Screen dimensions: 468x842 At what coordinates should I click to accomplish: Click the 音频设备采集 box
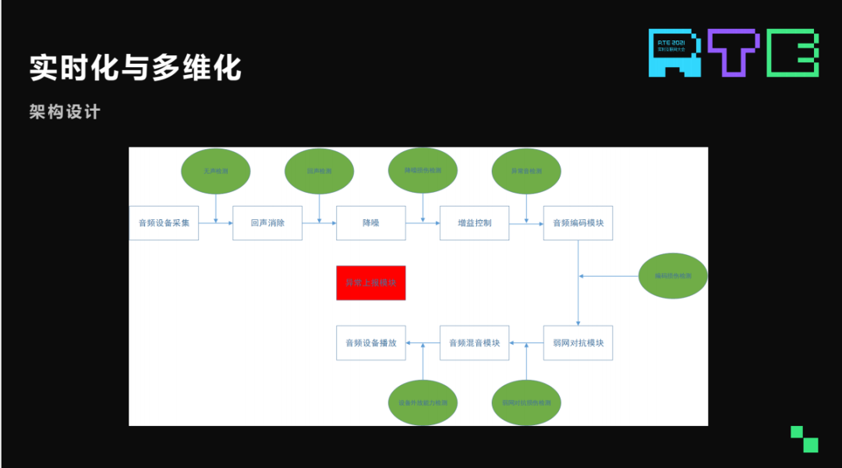pos(164,223)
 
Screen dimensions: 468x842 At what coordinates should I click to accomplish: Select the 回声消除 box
pos(267,223)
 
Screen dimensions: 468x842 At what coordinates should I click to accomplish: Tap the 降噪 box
pos(371,223)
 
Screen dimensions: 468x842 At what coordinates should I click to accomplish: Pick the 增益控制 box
pos(474,223)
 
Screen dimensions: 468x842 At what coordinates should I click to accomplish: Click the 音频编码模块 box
pos(578,223)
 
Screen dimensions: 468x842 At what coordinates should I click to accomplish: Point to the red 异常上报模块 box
pos(371,282)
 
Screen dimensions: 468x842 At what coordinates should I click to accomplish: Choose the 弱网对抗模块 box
pos(578,342)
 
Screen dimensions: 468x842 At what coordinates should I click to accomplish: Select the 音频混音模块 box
pos(474,342)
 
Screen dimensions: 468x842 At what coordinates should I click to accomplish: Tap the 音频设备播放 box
pos(371,342)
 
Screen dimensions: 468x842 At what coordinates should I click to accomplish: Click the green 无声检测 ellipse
pos(216,171)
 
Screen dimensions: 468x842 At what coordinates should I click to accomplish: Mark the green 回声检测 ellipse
pos(320,171)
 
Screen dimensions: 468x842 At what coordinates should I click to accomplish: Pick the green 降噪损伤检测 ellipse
pos(423,170)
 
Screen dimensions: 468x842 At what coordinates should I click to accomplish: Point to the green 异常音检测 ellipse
pos(526,171)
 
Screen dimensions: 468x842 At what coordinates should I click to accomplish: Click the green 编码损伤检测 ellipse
pos(673,275)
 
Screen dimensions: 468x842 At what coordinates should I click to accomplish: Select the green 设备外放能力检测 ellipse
pos(423,402)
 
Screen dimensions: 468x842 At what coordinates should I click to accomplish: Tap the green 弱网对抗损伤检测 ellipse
pos(526,402)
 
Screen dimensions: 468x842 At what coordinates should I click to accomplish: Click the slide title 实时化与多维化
pos(136,68)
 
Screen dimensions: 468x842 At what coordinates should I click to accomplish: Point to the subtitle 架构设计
pos(65,112)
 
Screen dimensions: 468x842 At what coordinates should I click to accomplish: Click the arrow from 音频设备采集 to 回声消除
pos(216,223)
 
